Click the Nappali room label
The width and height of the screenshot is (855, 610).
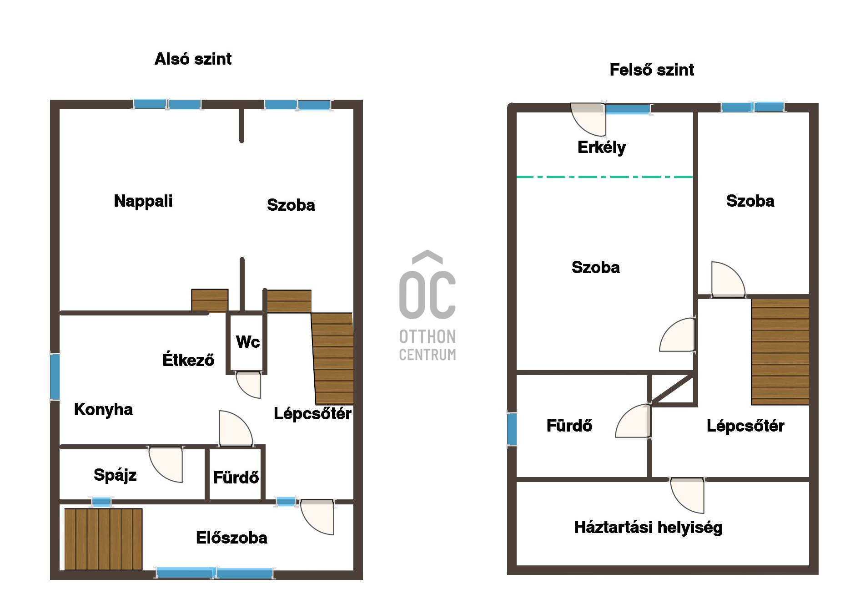coord(143,201)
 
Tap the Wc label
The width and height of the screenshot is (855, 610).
coord(248,342)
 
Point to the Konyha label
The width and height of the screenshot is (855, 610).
coord(103,409)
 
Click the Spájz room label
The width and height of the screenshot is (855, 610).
coord(115,475)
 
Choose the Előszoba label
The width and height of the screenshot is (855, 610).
coord(231,538)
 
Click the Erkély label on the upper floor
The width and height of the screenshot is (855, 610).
coord(602,147)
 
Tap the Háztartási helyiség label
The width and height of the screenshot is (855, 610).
coord(648,528)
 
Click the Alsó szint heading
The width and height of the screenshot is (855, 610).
coord(193,59)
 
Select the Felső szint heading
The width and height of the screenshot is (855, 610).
coord(652,70)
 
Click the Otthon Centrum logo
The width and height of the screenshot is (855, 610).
coord(427,305)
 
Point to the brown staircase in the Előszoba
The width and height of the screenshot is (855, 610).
coord(103,539)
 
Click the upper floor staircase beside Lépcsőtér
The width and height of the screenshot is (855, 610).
coord(780,351)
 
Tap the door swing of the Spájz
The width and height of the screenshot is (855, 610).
coord(166,464)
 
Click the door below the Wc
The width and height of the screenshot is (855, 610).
coord(248,385)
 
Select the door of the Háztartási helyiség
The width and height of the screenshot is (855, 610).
coord(687,495)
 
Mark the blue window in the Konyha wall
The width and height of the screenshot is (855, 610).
coord(55,377)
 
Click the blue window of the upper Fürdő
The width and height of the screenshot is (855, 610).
coord(512,429)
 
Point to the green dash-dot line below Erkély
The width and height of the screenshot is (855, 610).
coord(604,177)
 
